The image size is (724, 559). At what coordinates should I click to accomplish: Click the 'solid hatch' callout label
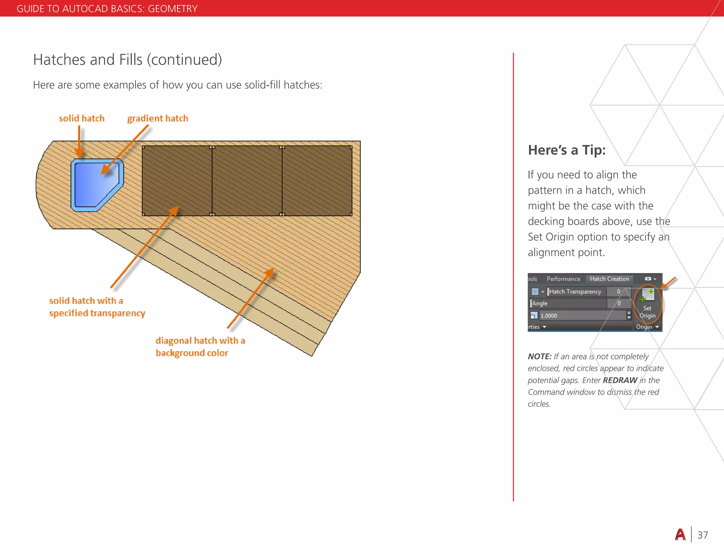point(82,118)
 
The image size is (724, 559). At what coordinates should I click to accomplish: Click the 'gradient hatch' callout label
point(158,118)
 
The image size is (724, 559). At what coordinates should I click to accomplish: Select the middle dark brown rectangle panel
point(247,181)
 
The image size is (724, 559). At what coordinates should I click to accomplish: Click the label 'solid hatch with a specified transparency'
point(97,307)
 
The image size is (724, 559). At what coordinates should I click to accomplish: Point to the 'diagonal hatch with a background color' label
point(200,347)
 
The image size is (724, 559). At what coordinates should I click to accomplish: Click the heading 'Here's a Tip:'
point(567,150)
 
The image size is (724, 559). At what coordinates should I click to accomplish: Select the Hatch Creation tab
point(609,279)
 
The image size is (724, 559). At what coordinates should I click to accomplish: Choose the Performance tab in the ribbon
point(563,279)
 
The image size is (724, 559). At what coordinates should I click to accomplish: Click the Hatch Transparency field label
point(575,292)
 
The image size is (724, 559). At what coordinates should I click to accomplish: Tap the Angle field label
point(540,303)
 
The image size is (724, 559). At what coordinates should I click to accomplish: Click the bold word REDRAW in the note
point(620,380)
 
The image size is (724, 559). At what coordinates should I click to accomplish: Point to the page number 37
point(702,535)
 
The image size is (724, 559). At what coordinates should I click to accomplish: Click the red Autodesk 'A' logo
point(680,535)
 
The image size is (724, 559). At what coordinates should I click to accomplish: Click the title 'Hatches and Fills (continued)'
point(127,60)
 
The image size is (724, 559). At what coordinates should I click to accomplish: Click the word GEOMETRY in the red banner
point(173,8)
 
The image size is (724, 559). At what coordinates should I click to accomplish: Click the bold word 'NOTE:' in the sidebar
point(539,357)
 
